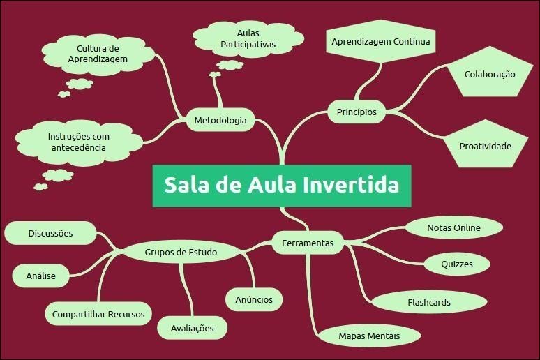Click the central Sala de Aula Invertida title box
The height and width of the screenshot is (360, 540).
(x=282, y=186)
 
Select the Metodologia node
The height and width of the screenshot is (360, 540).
(x=220, y=120)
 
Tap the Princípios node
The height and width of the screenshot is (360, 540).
(x=356, y=112)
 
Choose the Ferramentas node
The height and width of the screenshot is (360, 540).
(x=308, y=243)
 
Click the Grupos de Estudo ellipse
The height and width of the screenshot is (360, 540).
(x=181, y=252)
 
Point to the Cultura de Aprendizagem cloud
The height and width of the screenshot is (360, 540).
(x=98, y=54)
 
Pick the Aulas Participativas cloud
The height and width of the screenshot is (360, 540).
(x=248, y=39)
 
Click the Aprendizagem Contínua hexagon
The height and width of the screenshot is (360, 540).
(x=381, y=42)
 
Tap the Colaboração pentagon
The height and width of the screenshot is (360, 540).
(x=490, y=74)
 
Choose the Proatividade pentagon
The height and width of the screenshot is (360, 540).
(x=485, y=146)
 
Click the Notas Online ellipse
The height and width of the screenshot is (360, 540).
(x=453, y=227)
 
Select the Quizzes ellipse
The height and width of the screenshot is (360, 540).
(x=457, y=264)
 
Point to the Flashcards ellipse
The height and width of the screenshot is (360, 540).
(x=428, y=302)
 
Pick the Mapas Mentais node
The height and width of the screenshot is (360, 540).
(x=369, y=336)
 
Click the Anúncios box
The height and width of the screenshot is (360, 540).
(x=254, y=299)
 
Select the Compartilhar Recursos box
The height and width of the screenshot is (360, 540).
(x=98, y=314)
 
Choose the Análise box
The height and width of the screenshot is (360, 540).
(x=41, y=276)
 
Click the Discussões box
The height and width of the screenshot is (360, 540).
(x=50, y=233)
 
